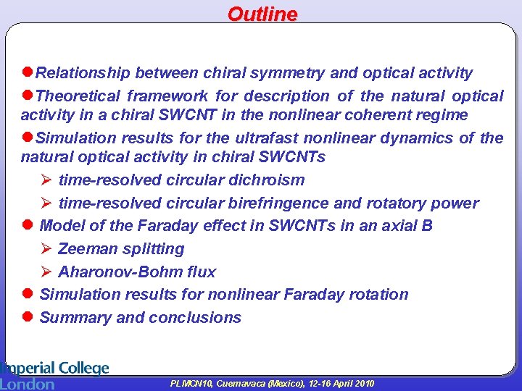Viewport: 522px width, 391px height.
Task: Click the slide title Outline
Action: click(262, 14)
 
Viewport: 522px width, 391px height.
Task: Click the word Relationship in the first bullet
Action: click(83, 73)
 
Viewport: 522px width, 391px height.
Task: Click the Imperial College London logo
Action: click(54, 375)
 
